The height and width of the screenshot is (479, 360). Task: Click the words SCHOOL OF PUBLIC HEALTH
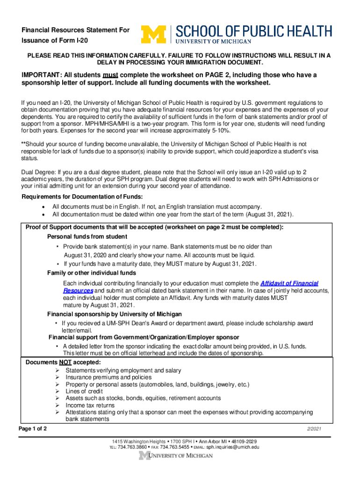click(254, 31)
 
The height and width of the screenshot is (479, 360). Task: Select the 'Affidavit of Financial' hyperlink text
click(289, 283)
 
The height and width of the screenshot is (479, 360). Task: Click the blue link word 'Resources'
click(78, 290)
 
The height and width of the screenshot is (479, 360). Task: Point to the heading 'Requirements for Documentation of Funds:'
click(82, 196)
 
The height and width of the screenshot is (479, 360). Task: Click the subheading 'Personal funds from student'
click(87, 237)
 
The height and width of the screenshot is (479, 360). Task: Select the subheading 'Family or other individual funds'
click(92, 273)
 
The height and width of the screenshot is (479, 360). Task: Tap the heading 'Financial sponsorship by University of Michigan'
click(115, 314)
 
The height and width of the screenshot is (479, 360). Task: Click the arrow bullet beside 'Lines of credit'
click(57, 392)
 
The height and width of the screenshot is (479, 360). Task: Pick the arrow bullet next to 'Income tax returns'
click(57, 406)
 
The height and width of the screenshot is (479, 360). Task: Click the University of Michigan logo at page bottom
click(180, 456)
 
